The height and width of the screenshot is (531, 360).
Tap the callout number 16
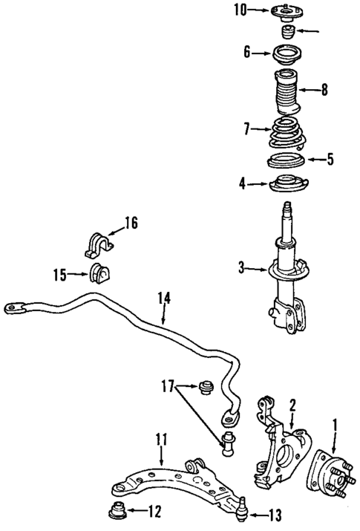coord(131,222)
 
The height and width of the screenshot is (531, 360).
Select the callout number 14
coord(164,299)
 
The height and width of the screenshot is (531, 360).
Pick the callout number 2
coord(292,405)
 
